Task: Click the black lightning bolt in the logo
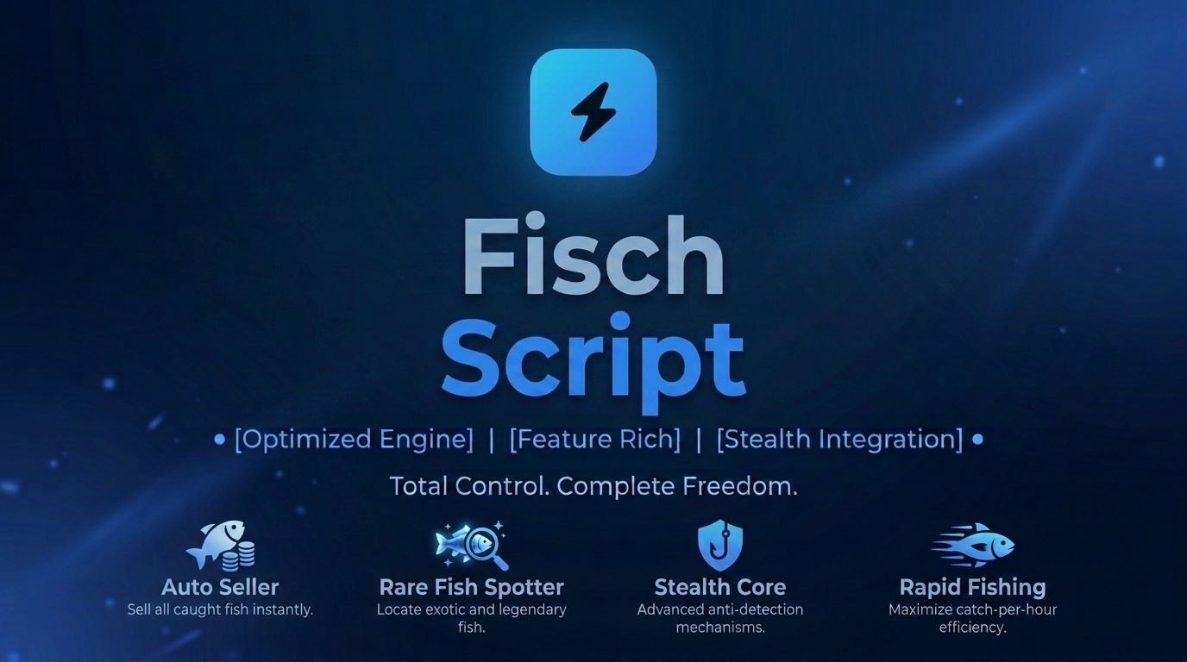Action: tap(593, 112)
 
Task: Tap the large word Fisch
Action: tap(593, 254)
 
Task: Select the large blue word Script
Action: tap(593, 360)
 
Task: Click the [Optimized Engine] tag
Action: tap(354, 440)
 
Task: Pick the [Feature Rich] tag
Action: tap(594, 440)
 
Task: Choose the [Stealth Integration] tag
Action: tap(839, 440)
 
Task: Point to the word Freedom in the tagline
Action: tap(740, 486)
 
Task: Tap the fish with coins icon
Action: tap(221, 546)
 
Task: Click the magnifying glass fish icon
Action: tap(471, 546)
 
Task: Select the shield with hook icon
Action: tap(720, 546)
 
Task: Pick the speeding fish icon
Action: tap(973, 545)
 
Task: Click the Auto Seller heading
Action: tap(220, 587)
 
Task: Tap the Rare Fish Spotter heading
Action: tap(471, 587)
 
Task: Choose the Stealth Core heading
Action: tap(720, 587)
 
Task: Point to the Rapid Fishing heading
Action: tap(972, 588)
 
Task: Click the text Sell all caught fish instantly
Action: tap(220, 610)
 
